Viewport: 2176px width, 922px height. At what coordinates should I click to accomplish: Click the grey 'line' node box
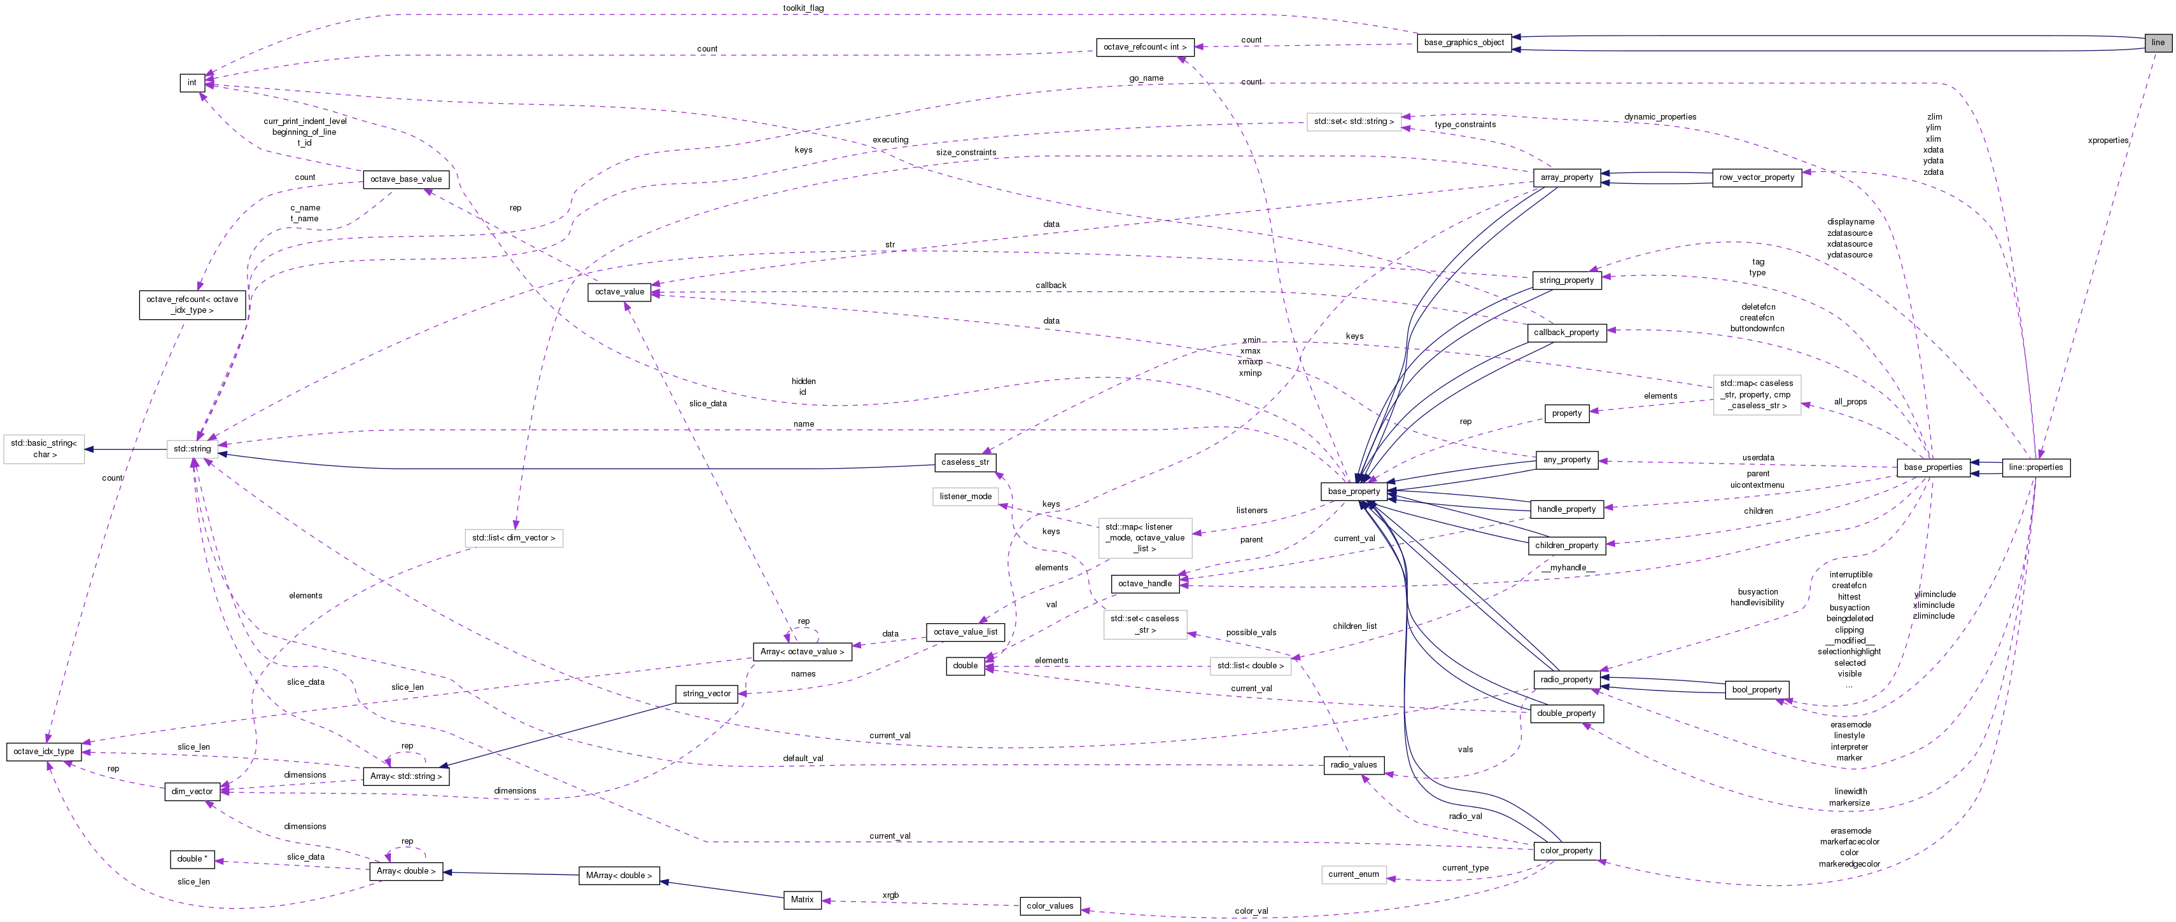tap(2158, 42)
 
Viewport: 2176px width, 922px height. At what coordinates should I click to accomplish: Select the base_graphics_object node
tap(1463, 42)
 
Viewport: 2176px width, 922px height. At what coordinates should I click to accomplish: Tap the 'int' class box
tap(192, 83)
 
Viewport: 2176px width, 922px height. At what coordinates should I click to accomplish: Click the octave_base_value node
tap(405, 179)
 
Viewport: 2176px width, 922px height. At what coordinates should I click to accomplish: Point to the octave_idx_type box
tap(44, 752)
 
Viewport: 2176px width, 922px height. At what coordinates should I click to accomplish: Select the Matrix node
tap(802, 899)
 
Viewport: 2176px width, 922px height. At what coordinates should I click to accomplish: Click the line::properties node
tap(2035, 467)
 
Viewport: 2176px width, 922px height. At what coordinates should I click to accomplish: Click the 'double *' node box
tap(192, 858)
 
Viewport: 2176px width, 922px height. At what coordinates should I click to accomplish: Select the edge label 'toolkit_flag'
tap(803, 8)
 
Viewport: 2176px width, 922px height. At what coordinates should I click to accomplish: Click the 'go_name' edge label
tap(1146, 78)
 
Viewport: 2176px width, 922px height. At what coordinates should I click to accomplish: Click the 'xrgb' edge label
tap(890, 895)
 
